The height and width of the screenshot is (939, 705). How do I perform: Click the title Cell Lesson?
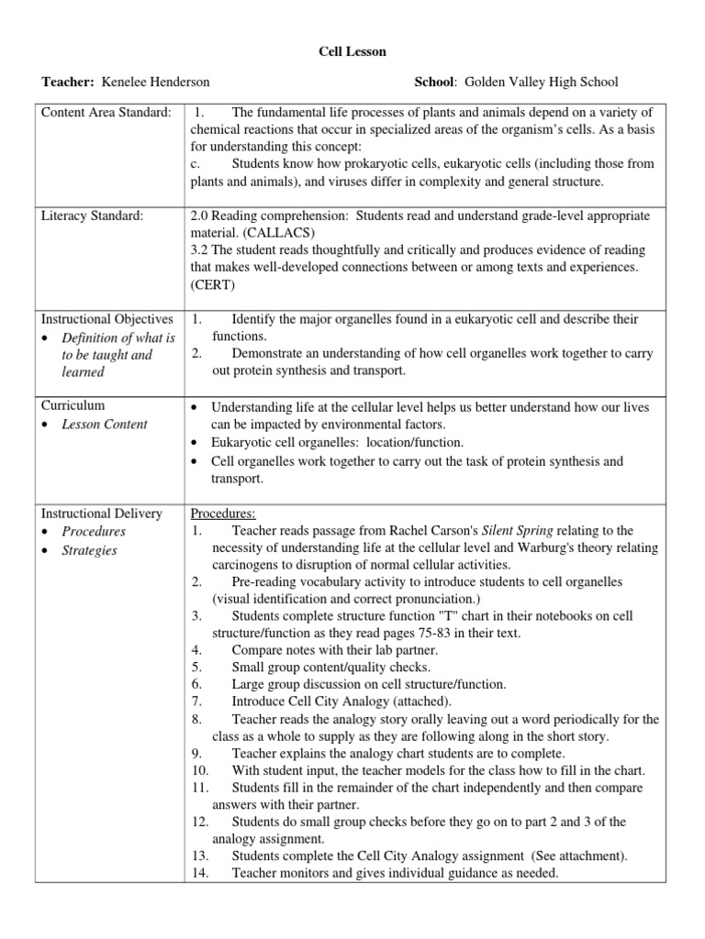click(x=352, y=51)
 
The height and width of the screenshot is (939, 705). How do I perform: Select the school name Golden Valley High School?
click(x=542, y=83)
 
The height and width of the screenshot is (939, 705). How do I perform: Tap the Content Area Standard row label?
click(x=106, y=112)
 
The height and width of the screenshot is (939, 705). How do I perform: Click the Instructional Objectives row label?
click(x=106, y=319)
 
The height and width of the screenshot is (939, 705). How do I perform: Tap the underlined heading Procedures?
click(x=223, y=513)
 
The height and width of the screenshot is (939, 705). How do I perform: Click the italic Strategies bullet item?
click(x=89, y=551)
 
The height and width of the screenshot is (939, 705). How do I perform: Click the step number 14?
click(x=201, y=873)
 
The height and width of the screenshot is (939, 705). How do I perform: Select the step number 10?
click(x=201, y=770)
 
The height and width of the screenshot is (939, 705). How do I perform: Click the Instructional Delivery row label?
click(x=101, y=513)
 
